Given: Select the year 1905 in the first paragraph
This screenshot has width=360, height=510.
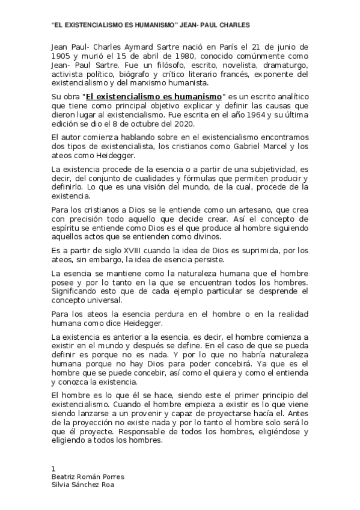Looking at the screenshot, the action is [x=60, y=55].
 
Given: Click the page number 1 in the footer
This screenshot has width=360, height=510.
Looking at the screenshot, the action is [x=54, y=468].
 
